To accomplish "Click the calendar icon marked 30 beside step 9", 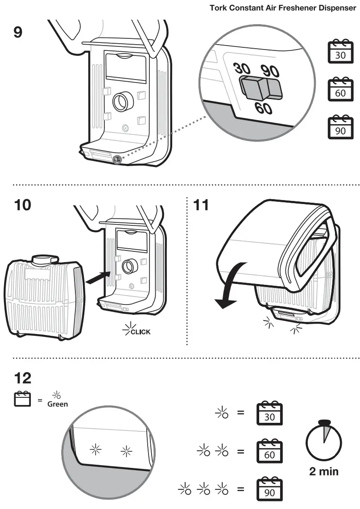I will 339,51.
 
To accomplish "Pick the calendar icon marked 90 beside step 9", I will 339,128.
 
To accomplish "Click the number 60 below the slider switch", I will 264,108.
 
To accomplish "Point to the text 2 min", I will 324,471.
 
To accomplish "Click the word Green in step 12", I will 58,404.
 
